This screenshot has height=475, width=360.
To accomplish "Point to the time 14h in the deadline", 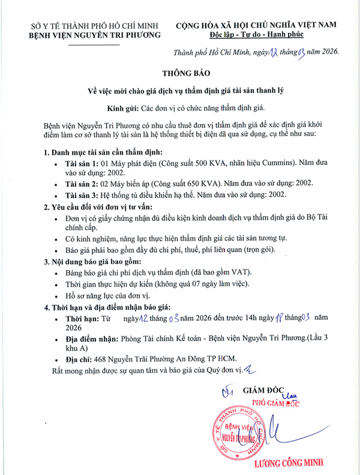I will [x=259, y=319].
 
